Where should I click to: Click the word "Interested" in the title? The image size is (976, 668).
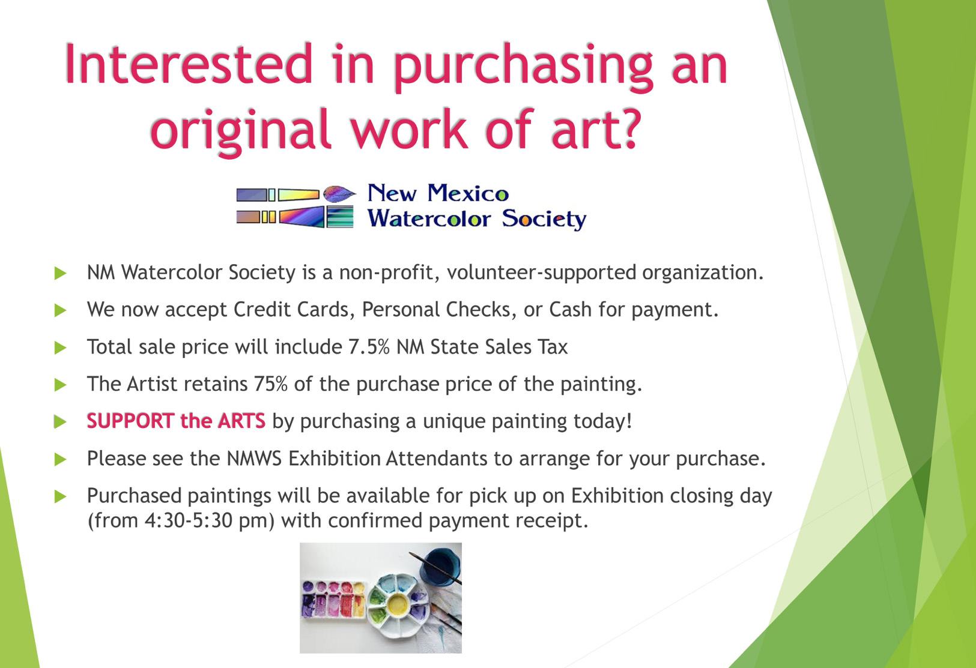coord(188,64)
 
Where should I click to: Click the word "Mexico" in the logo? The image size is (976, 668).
coord(467,193)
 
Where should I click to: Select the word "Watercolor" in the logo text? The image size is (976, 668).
coord(429,218)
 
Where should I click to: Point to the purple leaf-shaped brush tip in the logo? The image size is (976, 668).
coord(339,194)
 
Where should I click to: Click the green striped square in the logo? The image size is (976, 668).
coord(340,217)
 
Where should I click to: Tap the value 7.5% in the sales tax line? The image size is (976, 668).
coord(369,347)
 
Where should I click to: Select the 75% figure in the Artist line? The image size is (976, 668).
coord(271,384)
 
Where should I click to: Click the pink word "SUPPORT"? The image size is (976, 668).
coord(131,421)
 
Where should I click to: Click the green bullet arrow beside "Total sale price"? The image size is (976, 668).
coord(60,348)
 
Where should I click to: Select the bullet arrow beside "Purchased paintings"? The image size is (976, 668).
coord(60,496)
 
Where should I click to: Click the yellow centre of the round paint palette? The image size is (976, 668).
coord(396,604)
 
